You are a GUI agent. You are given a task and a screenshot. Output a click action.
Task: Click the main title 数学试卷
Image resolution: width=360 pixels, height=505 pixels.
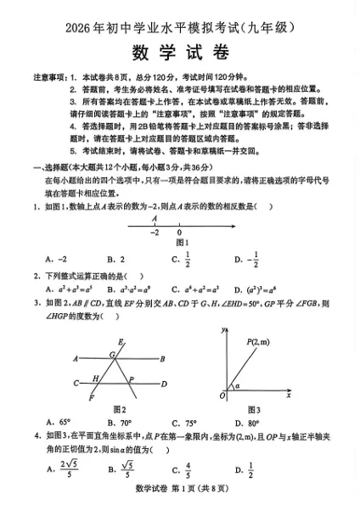click(x=180, y=52)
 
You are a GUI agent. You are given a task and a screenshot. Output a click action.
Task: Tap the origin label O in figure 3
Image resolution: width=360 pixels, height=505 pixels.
click(x=222, y=396)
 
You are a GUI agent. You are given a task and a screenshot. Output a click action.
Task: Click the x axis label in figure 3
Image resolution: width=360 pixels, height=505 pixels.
click(x=289, y=396)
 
